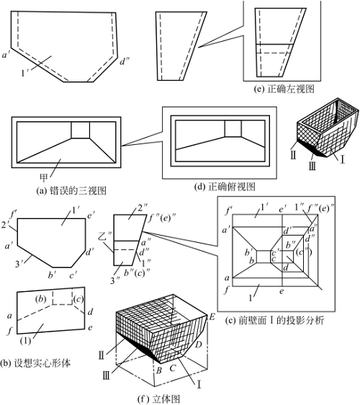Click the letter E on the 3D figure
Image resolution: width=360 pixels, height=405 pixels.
[x=212, y=316]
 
